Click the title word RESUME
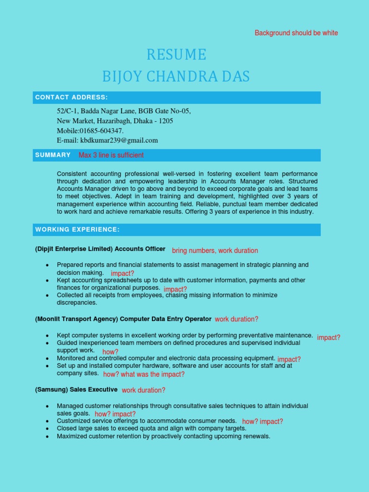[176, 55]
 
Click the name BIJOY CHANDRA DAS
[176, 76]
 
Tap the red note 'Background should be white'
[296, 33]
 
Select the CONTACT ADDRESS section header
[71, 98]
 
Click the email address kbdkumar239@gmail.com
[119, 140]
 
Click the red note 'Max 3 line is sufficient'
[111, 155]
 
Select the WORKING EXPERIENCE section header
[77, 229]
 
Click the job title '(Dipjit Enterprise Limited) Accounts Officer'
[100, 249]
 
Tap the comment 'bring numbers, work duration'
[215, 251]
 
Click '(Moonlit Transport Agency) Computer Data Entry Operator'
[123, 319]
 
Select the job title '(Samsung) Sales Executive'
[76, 389]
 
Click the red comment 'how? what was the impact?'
[144, 374]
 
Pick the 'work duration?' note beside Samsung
[143, 390]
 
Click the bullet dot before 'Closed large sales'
[47, 429]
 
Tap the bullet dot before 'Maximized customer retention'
[47, 437]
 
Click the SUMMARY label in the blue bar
[53, 155]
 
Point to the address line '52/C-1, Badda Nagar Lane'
[123, 111]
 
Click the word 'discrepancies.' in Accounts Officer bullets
[77, 303]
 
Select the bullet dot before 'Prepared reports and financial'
[47, 265]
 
